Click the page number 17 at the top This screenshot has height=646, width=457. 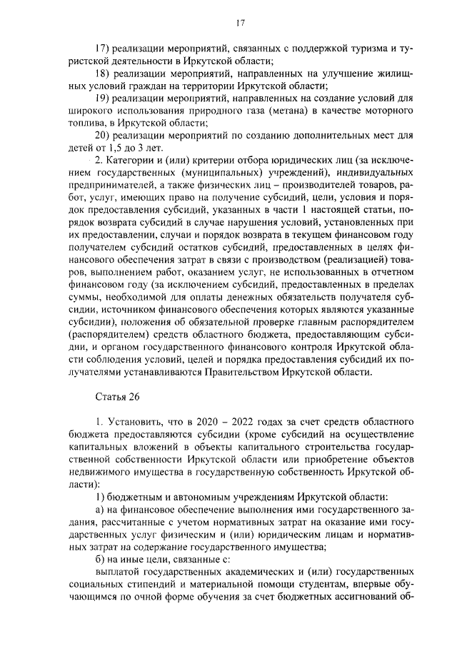240,24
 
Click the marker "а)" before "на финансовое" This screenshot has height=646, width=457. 101,510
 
